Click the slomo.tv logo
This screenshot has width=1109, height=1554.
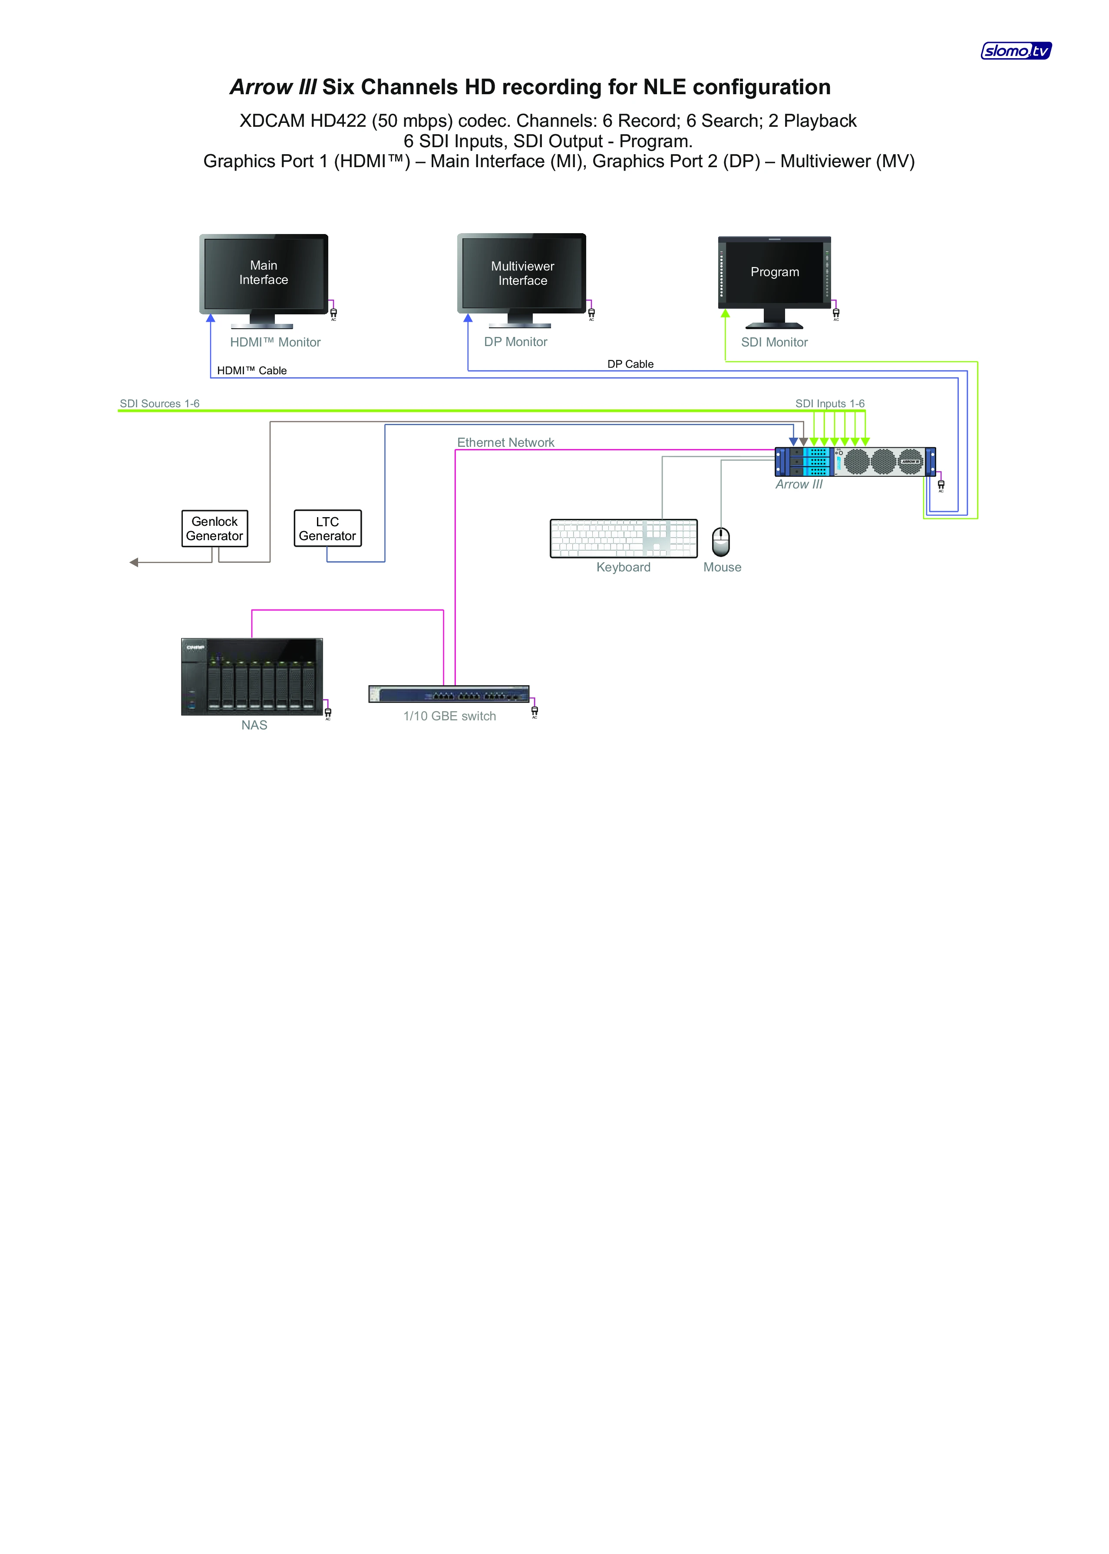click(1016, 50)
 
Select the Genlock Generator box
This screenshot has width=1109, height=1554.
click(215, 528)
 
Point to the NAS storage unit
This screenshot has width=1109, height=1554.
click(251, 676)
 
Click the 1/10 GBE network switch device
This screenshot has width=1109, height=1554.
click(449, 694)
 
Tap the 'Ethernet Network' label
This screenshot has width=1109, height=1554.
click(505, 442)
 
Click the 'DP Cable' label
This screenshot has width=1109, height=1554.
click(630, 364)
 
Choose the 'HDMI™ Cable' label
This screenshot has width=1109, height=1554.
click(251, 371)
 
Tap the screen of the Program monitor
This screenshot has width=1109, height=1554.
click(774, 272)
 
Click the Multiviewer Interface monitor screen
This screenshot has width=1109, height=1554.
click(522, 273)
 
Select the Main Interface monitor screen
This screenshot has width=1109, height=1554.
click(264, 272)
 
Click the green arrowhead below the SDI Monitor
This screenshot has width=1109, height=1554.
click(725, 313)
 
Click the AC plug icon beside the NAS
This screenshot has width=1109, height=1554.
click(328, 712)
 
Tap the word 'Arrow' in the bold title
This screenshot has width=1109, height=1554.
click(261, 87)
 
